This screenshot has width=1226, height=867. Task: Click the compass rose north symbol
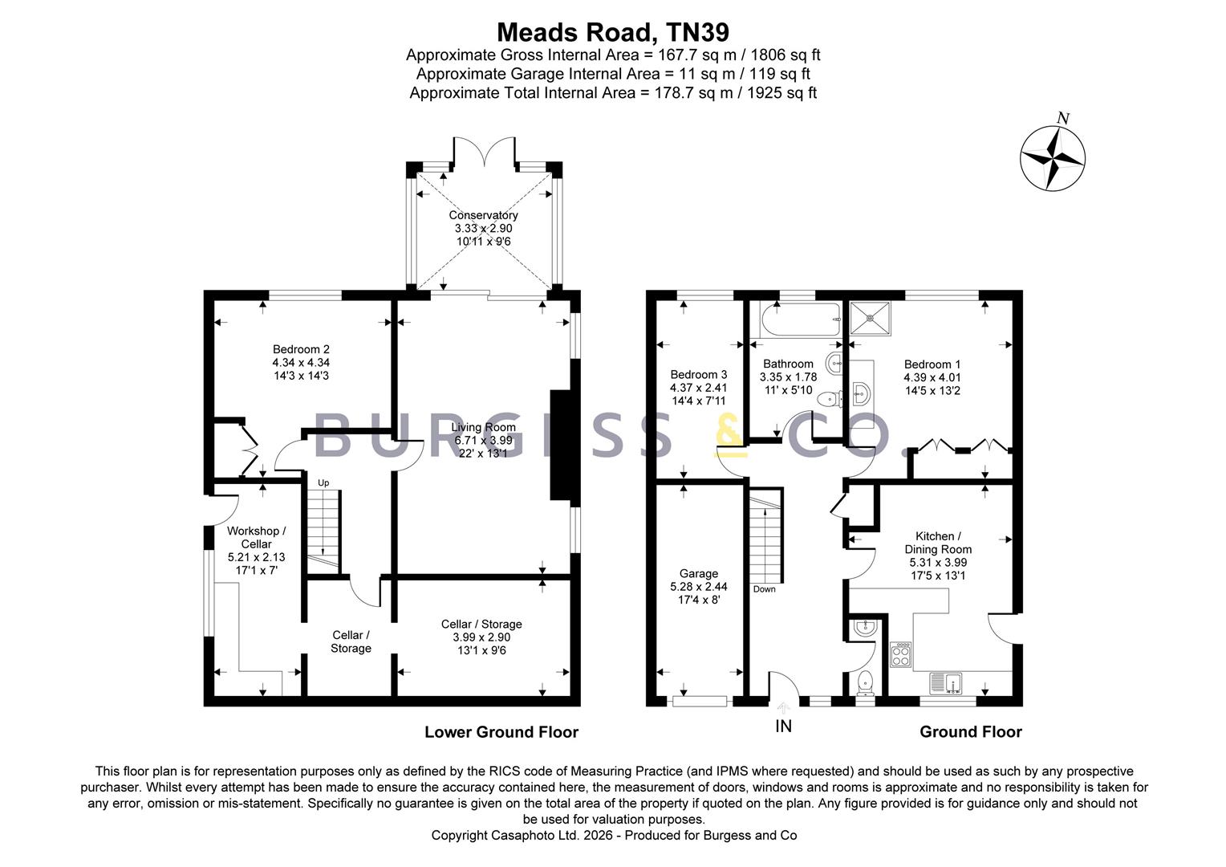(x=1052, y=159)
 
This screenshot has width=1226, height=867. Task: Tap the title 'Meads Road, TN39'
(x=613, y=32)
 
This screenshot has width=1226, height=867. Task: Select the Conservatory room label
(x=483, y=215)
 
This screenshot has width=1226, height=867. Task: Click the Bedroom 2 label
(x=301, y=349)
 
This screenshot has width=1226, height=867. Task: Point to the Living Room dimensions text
(x=483, y=447)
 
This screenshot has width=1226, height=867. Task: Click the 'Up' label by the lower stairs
(x=323, y=482)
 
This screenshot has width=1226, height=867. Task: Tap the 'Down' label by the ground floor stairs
(x=764, y=589)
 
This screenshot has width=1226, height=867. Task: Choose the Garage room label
(x=698, y=573)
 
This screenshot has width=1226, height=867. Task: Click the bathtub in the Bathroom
(x=800, y=320)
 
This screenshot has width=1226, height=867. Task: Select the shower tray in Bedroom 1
(x=870, y=318)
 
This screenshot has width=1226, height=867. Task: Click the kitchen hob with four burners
(x=900, y=654)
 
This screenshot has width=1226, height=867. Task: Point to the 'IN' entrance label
(x=783, y=727)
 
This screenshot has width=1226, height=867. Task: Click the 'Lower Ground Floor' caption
(x=501, y=731)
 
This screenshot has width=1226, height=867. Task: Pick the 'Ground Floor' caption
(x=970, y=731)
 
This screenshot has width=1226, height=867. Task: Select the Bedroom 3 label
(x=698, y=375)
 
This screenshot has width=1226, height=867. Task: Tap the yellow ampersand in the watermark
(x=731, y=436)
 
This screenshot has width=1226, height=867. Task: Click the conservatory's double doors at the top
(x=485, y=151)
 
